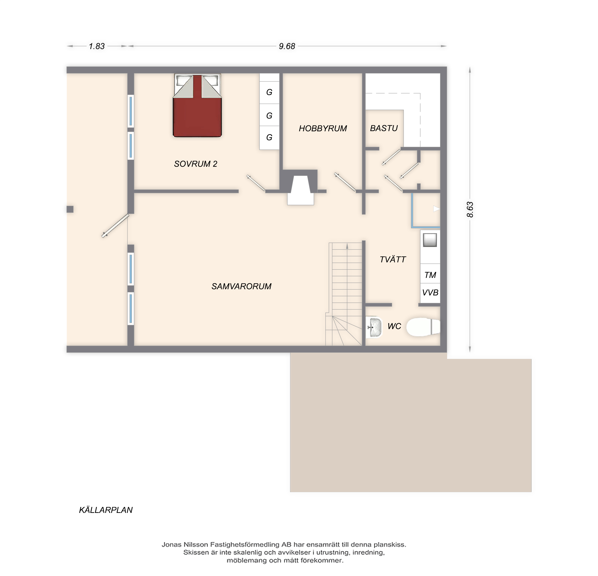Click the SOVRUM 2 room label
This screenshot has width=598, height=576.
point(196,164)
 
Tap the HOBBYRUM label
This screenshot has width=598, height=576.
point(323,128)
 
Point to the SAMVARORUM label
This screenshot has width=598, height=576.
point(241,286)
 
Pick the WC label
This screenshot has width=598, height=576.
point(394,326)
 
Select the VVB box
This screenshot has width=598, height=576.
point(430,293)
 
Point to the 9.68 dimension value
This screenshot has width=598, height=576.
point(287,46)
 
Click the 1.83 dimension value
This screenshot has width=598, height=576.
point(97,46)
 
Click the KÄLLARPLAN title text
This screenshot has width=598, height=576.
point(106,510)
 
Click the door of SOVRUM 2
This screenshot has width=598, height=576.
point(256,183)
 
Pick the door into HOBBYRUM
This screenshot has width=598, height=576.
point(345,182)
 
